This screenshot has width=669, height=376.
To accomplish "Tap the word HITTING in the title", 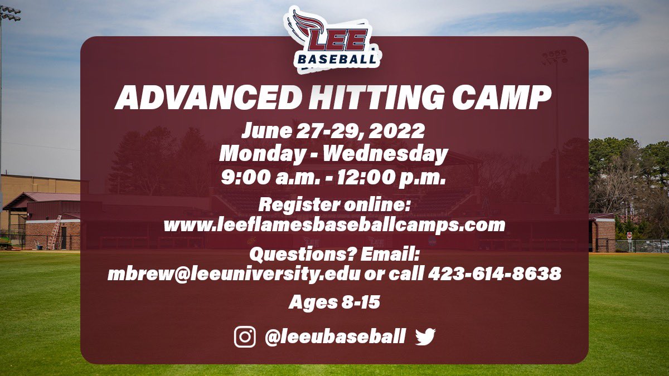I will tap(365, 98).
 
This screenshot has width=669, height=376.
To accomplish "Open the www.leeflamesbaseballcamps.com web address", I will tap(334, 224).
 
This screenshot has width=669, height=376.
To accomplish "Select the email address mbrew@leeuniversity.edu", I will tap(234, 274).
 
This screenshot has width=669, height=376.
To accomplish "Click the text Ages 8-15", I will tap(334, 302).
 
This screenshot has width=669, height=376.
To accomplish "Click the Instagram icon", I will tap(245, 337).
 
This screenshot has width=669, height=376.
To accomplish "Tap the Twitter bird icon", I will tap(425, 336).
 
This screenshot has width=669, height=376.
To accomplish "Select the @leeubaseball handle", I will tap(334, 336).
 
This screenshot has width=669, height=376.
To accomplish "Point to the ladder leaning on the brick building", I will tap(54, 232).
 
